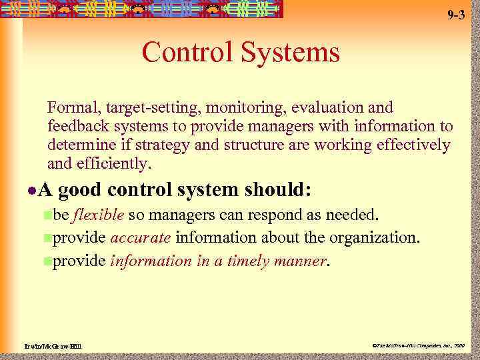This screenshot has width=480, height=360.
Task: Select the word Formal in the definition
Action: pos(69,107)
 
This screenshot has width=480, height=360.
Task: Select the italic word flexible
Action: pos(98,215)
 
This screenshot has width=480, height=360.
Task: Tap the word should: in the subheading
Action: pos(278,191)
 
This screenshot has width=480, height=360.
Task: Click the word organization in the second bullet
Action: pos(377,238)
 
